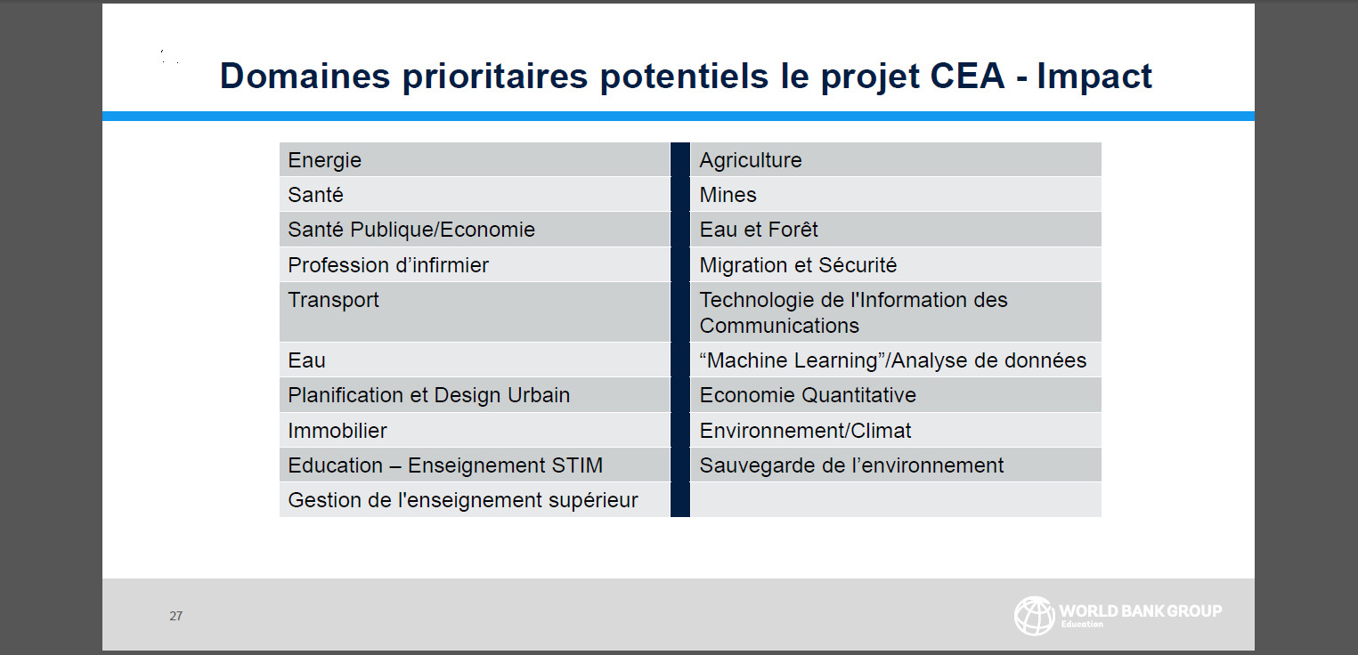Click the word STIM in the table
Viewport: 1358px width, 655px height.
[x=577, y=465]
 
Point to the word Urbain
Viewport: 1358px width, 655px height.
[x=539, y=395]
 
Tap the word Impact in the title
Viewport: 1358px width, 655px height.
[x=1094, y=77]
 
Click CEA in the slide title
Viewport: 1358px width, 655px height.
[x=968, y=76]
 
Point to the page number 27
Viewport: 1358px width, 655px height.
[x=175, y=616]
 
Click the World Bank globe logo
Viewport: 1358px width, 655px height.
[x=1034, y=616]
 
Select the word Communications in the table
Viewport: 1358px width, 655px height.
[x=779, y=326]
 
